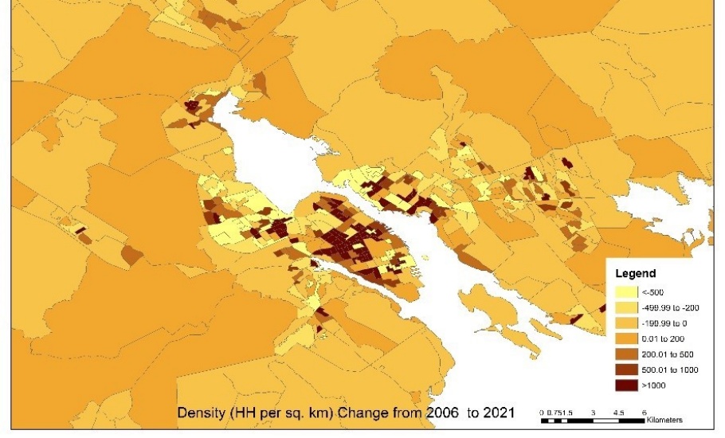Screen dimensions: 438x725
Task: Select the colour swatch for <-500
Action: click(628, 291)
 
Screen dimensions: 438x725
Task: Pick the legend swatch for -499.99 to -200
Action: click(628, 307)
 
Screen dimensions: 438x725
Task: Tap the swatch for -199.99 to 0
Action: click(628, 323)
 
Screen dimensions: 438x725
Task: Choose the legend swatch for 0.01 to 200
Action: click(628, 338)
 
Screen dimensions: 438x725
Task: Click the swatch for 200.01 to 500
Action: click(628, 354)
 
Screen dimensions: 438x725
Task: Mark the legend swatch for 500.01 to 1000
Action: click(628, 370)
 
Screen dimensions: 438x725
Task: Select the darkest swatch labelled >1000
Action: click(628, 385)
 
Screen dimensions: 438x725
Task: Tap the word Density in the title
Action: click(202, 413)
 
